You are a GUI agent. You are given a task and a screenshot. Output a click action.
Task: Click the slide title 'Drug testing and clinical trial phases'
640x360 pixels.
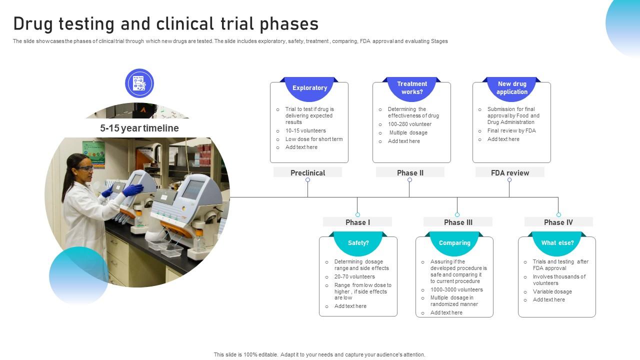click(165, 24)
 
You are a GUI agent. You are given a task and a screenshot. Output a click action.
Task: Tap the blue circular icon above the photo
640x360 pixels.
click(139, 83)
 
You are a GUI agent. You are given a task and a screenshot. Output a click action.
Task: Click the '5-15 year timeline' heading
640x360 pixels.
click(139, 128)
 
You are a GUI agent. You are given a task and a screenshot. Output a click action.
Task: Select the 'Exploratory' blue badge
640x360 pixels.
click(309, 88)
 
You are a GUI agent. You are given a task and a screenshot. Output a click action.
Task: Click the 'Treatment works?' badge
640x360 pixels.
click(412, 88)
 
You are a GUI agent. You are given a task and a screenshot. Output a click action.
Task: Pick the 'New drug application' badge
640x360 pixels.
click(511, 88)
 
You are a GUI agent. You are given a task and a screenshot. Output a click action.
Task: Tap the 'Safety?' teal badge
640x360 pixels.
click(358, 243)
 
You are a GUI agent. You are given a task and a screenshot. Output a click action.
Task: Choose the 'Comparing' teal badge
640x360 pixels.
click(454, 243)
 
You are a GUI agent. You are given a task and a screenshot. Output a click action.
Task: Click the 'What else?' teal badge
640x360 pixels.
click(557, 243)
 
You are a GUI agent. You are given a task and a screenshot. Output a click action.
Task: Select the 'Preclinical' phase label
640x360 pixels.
click(307, 172)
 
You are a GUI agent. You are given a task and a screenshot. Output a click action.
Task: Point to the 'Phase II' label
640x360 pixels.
click(410, 172)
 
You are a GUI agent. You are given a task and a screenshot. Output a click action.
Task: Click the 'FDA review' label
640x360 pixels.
click(509, 172)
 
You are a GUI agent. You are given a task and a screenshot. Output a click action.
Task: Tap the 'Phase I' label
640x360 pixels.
click(357, 222)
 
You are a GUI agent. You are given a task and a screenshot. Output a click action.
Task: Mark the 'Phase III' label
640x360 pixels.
click(457, 222)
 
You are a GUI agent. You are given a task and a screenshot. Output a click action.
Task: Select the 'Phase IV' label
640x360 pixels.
click(558, 222)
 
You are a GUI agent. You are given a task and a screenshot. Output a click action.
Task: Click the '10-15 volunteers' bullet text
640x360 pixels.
click(305, 131)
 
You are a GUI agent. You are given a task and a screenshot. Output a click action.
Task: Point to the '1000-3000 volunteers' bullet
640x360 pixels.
click(456, 289)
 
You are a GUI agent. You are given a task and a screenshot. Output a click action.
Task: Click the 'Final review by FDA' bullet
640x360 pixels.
click(511, 131)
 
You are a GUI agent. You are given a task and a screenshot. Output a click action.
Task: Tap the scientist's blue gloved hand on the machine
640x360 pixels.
click(132, 190)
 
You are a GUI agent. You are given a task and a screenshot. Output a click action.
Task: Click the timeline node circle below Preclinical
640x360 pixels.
click(307, 180)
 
